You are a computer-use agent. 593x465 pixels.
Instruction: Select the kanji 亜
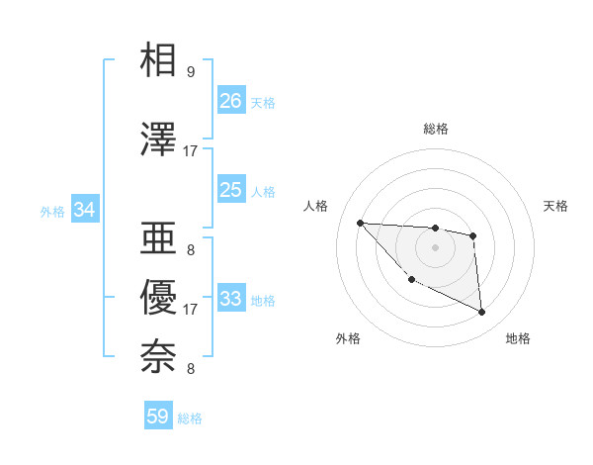158,238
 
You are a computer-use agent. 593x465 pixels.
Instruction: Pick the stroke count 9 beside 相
191,72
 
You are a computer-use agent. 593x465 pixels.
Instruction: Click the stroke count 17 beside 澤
191,151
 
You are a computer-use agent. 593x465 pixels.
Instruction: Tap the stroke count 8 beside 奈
191,369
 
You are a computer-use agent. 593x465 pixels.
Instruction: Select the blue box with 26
230,101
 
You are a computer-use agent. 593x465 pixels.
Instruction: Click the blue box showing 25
230,190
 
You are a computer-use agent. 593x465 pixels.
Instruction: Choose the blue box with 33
230,299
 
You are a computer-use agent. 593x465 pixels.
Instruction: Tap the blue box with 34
84,210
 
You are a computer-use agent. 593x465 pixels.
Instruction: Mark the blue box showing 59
157,417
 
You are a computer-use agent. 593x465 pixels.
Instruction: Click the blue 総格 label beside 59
190,418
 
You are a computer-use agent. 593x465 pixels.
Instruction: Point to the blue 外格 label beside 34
52,211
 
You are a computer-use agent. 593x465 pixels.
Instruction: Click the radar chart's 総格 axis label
435,129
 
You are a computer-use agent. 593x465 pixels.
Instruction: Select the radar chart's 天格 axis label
556,206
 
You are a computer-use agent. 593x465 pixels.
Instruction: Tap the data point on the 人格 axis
360,223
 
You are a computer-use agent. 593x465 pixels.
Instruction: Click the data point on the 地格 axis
482,313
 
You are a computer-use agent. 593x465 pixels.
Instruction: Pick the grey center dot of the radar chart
435,246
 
